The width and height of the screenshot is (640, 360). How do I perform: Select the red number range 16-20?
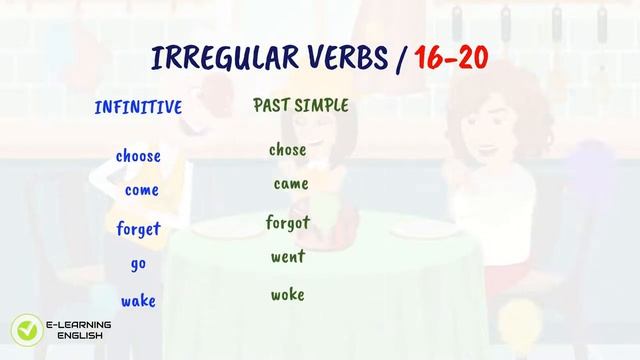click(450, 58)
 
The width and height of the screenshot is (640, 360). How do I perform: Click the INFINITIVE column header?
click(138, 108)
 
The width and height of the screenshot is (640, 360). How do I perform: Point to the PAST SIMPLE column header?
click(301, 105)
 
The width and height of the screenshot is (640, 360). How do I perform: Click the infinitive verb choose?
click(138, 156)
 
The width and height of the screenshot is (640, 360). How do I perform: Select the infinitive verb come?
click(141, 190)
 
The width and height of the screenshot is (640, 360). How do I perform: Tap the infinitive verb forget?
click(138, 229)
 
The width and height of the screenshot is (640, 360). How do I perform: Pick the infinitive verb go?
click(138, 265)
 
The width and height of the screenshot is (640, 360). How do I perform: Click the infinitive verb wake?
click(138, 301)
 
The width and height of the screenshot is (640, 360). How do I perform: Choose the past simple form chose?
click(287, 150)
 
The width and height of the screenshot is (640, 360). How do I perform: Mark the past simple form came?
click(290, 184)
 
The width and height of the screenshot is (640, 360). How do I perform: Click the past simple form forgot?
click(288, 222)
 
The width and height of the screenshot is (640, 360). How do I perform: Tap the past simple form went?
click(288, 257)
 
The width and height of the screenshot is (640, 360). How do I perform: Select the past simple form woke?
click(287, 295)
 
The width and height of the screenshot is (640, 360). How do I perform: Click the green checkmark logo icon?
click(24, 330)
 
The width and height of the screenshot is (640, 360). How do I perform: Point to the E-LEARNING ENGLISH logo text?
click(79, 330)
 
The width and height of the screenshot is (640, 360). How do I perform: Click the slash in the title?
click(401, 58)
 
